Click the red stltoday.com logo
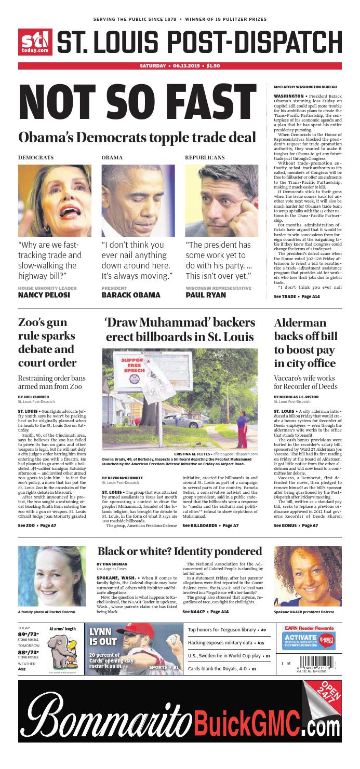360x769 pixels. point(35,42)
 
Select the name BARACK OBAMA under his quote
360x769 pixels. point(131,295)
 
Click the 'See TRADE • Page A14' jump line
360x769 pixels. point(297,296)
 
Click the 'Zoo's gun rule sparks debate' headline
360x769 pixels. point(47,342)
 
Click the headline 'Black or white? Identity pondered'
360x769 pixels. point(179,551)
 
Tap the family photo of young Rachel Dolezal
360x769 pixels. point(52,576)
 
